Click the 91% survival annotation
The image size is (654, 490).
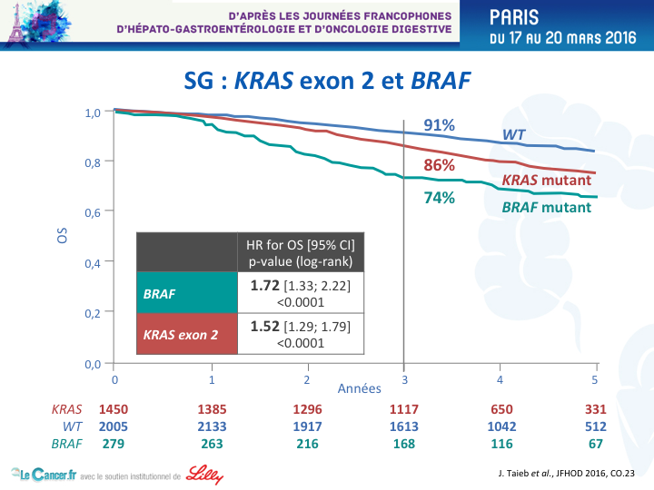pyautogui.click(x=439, y=125)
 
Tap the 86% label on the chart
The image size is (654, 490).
pyautogui.click(x=439, y=165)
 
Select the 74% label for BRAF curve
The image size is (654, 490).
pyautogui.click(x=439, y=198)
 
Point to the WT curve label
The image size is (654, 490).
pyautogui.click(x=513, y=134)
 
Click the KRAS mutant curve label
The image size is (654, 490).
pyautogui.click(x=547, y=180)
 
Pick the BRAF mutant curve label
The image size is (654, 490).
pyautogui.click(x=547, y=207)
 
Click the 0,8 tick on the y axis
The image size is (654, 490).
pyautogui.click(x=93, y=162)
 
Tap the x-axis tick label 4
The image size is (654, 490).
pyautogui.click(x=500, y=379)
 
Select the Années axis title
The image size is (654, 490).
pyautogui.click(x=359, y=388)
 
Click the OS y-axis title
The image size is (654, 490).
pyautogui.click(x=62, y=235)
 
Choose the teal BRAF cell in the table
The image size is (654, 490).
pyautogui.click(x=187, y=292)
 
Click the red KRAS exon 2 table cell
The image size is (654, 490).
pyautogui.click(x=187, y=334)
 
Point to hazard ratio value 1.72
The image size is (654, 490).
pyautogui.click(x=265, y=286)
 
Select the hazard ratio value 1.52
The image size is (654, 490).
pyautogui.click(x=265, y=327)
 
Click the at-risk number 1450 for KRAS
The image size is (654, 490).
pyautogui.click(x=114, y=409)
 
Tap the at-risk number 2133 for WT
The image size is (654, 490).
pyautogui.click(x=212, y=426)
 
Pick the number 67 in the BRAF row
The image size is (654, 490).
pyautogui.click(x=596, y=444)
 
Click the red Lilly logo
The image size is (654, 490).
pyautogui.click(x=204, y=475)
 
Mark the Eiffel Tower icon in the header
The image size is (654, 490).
pyautogui.click(x=16, y=25)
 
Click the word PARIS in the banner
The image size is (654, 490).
pyautogui.click(x=514, y=17)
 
